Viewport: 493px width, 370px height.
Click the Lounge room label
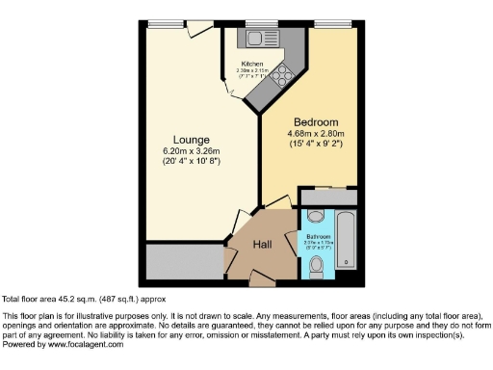click(x=191, y=139)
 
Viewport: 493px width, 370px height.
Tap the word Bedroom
click(x=316, y=122)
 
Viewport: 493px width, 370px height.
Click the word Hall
click(x=262, y=245)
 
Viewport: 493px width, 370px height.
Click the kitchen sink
click(x=257, y=39)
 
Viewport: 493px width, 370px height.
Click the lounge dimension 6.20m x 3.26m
click(x=191, y=151)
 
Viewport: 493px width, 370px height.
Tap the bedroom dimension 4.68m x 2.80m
click(x=316, y=134)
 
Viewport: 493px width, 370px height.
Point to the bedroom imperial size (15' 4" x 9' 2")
click(x=316, y=145)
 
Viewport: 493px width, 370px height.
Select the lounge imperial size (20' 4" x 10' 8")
click(x=191, y=162)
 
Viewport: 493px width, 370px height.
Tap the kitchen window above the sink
click(x=255, y=23)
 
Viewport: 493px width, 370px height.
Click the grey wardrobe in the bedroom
click(x=328, y=197)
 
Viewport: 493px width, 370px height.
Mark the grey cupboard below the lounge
click(x=184, y=261)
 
